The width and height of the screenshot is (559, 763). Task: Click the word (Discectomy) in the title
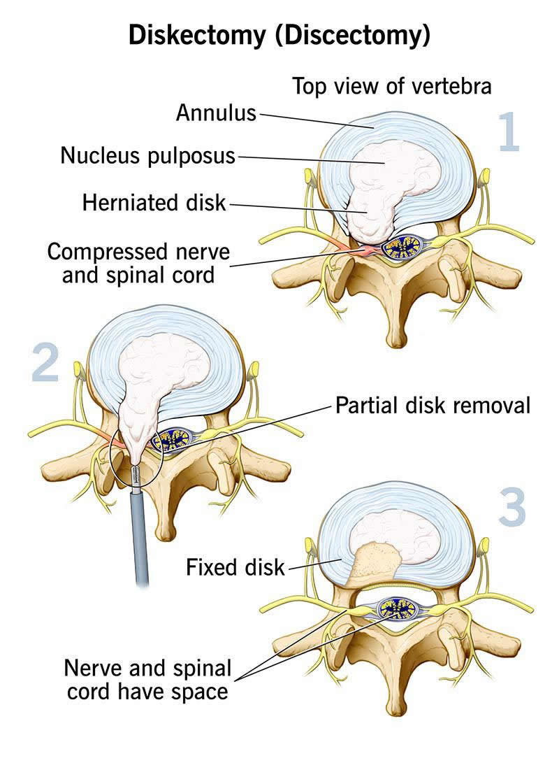point(353,36)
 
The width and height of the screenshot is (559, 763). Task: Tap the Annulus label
point(216,112)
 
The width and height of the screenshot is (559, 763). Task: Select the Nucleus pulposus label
point(148,155)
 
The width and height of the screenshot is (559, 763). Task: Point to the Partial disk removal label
point(433,405)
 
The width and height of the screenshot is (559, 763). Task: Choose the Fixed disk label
point(235,566)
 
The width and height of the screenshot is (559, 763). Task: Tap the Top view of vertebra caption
point(392,87)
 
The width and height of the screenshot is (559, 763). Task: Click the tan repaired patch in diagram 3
point(374,559)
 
